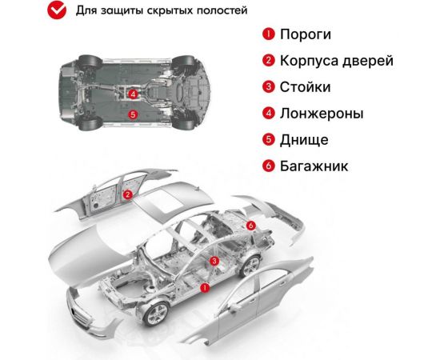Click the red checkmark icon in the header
coord(57,10)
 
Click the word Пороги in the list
coord(306,34)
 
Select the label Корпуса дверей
coord(337,61)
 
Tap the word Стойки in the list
coord(305,87)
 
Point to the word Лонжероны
coord(322,114)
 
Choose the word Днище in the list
coord(304,140)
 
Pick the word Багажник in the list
coord(314,166)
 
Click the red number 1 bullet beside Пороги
coord(269,34)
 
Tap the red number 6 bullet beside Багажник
coord(269,166)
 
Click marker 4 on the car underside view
coord(133,94)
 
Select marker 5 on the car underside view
coord(133,114)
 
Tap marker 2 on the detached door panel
coord(128,194)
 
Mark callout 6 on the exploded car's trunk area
coord(251,226)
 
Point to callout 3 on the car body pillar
coord(214,262)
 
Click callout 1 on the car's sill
coord(205,288)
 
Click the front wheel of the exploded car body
coord(155,314)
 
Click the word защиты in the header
coord(120,10)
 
